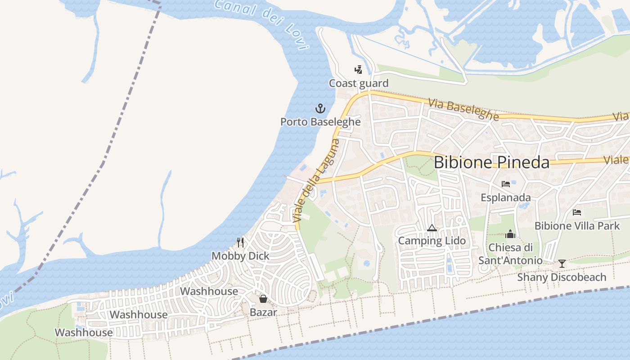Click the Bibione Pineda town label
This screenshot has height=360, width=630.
tap(491, 162)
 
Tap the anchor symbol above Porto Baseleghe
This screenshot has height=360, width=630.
tap(319, 108)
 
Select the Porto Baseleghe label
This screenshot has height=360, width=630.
tap(320, 121)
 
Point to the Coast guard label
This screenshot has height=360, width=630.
tap(358, 83)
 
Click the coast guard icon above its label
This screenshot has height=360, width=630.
tap(358, 70)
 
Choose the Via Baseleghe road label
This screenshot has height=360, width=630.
tap(463, 110)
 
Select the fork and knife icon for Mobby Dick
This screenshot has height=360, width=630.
tap(240, 243)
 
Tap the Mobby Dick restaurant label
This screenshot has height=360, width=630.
tap(240, 256)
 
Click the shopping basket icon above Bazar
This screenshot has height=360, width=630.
tap(263, 298)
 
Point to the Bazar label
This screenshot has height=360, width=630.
tap(263, 311)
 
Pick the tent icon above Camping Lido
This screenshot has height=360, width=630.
tap(432, 228)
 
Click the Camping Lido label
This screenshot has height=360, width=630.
tap(432, 241)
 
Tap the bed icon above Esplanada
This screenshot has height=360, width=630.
tap(506, 184)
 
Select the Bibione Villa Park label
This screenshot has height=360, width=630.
tap(577, 225)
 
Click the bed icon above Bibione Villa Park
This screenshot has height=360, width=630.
tap(577, 212)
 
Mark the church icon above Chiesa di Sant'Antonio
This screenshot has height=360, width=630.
tap(510, 234)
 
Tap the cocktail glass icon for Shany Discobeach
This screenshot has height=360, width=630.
tap(562, 264)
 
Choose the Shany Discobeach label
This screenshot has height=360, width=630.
tap(562, 277)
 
